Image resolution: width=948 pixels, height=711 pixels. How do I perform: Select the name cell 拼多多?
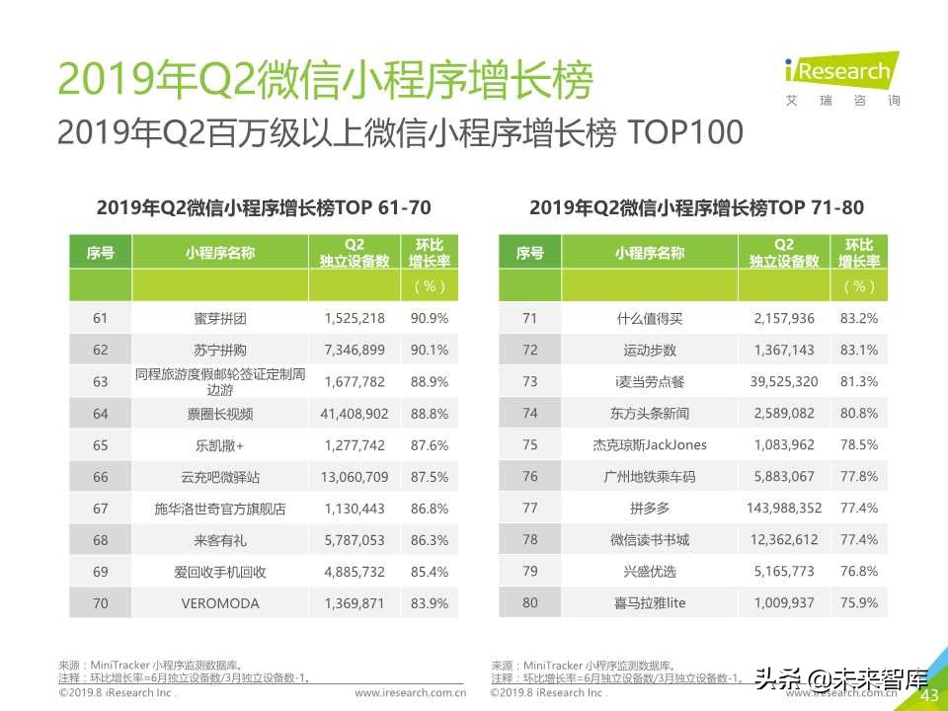point(649,508)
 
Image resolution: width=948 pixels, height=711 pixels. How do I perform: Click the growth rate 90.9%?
point(430,318)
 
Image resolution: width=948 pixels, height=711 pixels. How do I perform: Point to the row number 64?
point(100,413)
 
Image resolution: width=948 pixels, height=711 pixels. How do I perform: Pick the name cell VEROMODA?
point(219,602)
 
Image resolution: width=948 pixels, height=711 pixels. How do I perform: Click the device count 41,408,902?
point(355,413)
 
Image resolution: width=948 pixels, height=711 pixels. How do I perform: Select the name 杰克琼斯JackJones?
point(649,444)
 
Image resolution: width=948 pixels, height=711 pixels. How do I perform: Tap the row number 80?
point(529,602)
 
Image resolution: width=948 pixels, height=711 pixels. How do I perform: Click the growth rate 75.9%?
point(859,602)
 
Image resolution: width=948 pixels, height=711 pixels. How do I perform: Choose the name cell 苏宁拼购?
point(219,350)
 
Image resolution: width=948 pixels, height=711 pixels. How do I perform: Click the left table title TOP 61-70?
point(264,207)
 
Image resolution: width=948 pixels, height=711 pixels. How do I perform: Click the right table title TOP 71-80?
point(696,207)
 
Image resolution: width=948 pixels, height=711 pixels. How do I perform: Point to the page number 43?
point(928,696)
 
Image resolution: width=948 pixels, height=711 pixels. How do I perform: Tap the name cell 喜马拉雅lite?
point(649,602)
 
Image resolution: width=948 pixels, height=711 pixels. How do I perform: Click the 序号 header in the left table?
point(100,253)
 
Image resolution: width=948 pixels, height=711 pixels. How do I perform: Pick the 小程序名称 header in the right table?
point(649,253)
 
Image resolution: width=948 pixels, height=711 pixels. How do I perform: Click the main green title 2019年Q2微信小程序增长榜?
point(326,81)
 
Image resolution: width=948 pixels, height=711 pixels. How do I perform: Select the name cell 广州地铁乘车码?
point(649,476)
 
